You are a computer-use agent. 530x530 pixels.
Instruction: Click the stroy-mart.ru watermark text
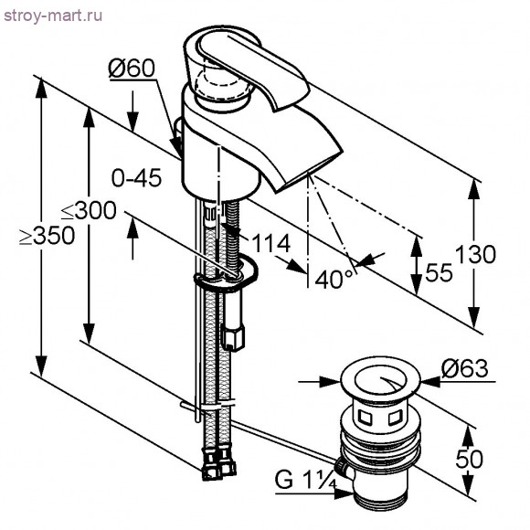(x=53, y=16)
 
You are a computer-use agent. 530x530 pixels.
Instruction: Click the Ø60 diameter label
(x=132, y=69)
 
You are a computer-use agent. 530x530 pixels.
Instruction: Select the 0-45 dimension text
(x=136, y=178)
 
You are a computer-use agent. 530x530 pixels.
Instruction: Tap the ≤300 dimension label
(x=89, y=210)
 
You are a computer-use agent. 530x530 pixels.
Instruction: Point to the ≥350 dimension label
(x=47, y=235)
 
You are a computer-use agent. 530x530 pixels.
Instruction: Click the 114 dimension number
(x=271, y=243)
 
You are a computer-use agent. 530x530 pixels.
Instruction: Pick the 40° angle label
(x=334, y=280)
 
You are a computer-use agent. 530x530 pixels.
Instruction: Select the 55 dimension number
(x=439, y=272)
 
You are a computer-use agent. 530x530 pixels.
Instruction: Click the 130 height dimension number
(x=475, y=254)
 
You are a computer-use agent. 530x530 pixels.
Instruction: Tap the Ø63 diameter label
(x=465, y=368)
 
